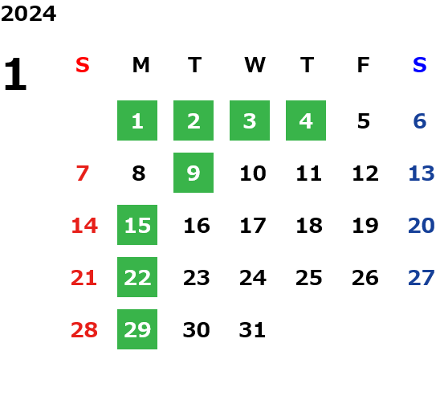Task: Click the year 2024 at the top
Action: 28,14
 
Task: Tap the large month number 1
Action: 15,74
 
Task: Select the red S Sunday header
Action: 83,65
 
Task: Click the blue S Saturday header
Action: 420,65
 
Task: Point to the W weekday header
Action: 255,65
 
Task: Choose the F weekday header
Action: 364,65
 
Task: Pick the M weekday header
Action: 141,65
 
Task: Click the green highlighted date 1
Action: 137,120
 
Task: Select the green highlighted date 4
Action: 306,120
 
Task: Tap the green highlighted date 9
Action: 194,173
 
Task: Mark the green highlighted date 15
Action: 137,225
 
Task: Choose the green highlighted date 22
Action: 137,277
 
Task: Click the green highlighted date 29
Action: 137,329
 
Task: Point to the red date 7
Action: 83,173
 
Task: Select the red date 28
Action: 84,330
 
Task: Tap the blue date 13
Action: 422,173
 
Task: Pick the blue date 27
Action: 422,278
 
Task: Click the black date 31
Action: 252,330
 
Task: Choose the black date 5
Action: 364,121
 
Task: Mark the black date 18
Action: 309,226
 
